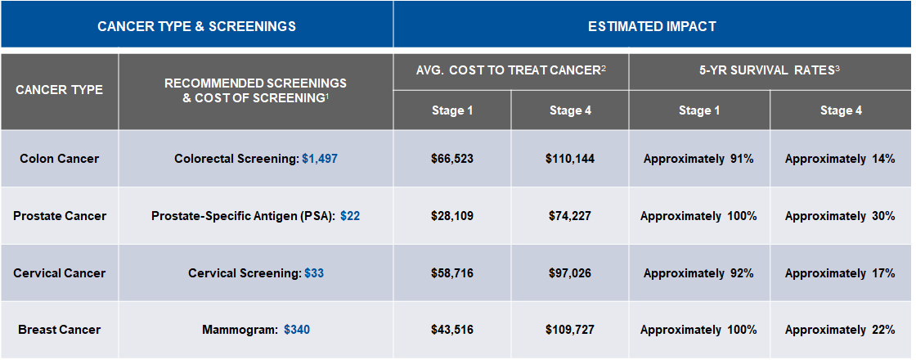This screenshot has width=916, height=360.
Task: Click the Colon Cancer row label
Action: (59, 159)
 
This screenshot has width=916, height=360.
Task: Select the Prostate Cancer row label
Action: (59, 216)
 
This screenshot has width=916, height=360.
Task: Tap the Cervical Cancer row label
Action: (59, 272)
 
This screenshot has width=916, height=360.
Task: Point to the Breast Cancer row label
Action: (59, 330)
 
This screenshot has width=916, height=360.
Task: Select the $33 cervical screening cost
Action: (314, 272)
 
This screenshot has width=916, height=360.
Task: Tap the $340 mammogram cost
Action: (297, 330)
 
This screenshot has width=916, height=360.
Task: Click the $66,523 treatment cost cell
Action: (452, 159)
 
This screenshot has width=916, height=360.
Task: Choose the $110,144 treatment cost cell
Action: (570, 159)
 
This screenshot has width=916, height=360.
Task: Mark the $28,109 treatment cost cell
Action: (452, 216)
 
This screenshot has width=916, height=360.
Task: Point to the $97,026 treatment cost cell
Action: (570, 272)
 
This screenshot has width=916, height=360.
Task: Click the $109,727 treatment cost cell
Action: (570, 330)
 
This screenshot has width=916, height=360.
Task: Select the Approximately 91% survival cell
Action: (698, 159)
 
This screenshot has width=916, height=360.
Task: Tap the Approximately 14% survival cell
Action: (840, 159)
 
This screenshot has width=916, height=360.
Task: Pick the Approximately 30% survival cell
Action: (840, 216)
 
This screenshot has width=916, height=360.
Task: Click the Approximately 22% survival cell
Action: (840, 330)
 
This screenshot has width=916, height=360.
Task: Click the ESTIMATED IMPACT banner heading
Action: (652, 26)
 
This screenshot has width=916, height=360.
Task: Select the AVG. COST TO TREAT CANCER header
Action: (511, 71)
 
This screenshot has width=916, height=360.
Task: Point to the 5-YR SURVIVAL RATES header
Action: (770, 71)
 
